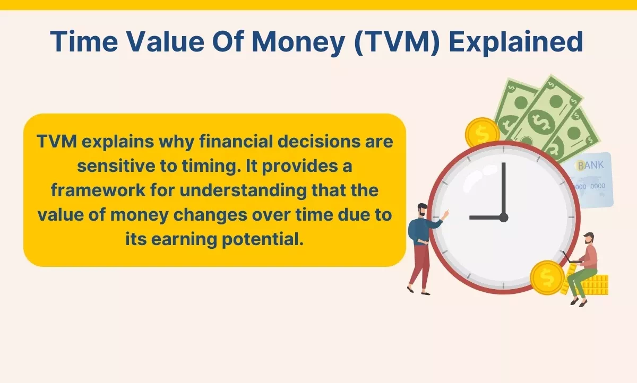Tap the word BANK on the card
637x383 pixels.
[590, 166]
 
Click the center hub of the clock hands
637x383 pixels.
[503, 217]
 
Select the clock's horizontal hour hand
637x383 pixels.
[484, 217]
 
